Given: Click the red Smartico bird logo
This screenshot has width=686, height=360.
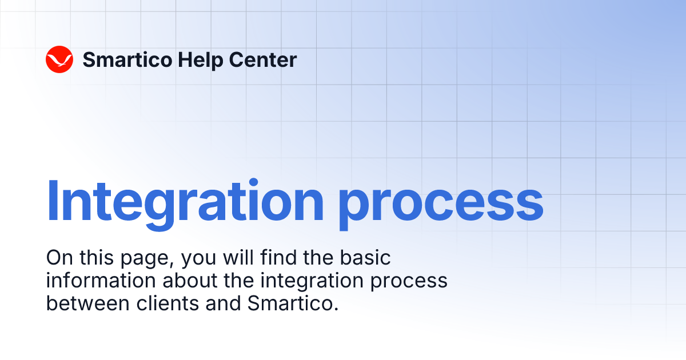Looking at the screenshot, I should (x=59, y=59).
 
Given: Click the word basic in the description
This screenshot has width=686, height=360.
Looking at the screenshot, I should (x=366, y=258).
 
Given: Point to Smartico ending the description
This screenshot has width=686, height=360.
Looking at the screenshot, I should (x=290, y=303).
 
